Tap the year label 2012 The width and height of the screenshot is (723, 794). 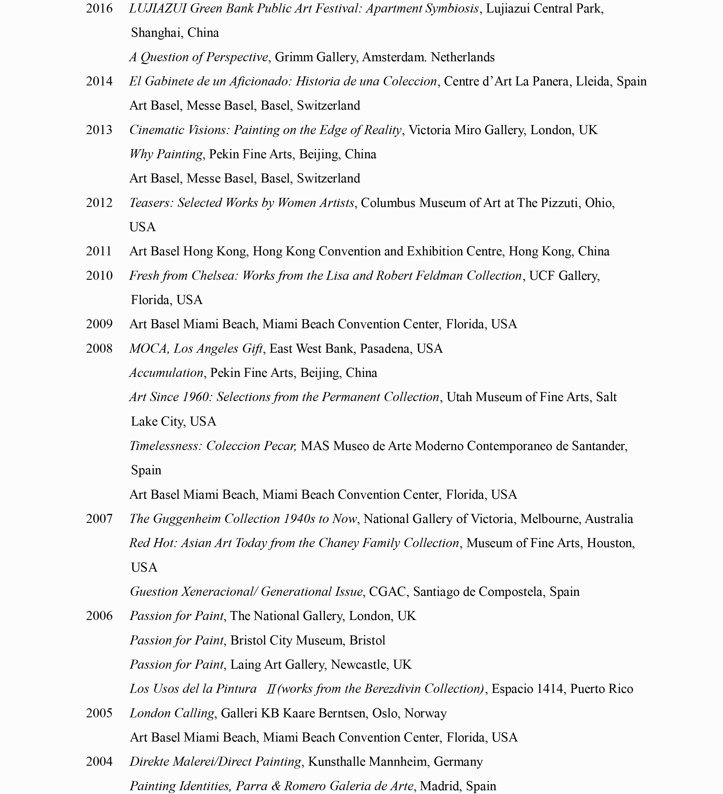tap(99, 203)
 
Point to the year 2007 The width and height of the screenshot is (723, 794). tap(99, 519)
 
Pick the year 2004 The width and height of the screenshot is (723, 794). tap(99, 761)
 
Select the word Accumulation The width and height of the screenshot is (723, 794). tap(166, 373)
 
